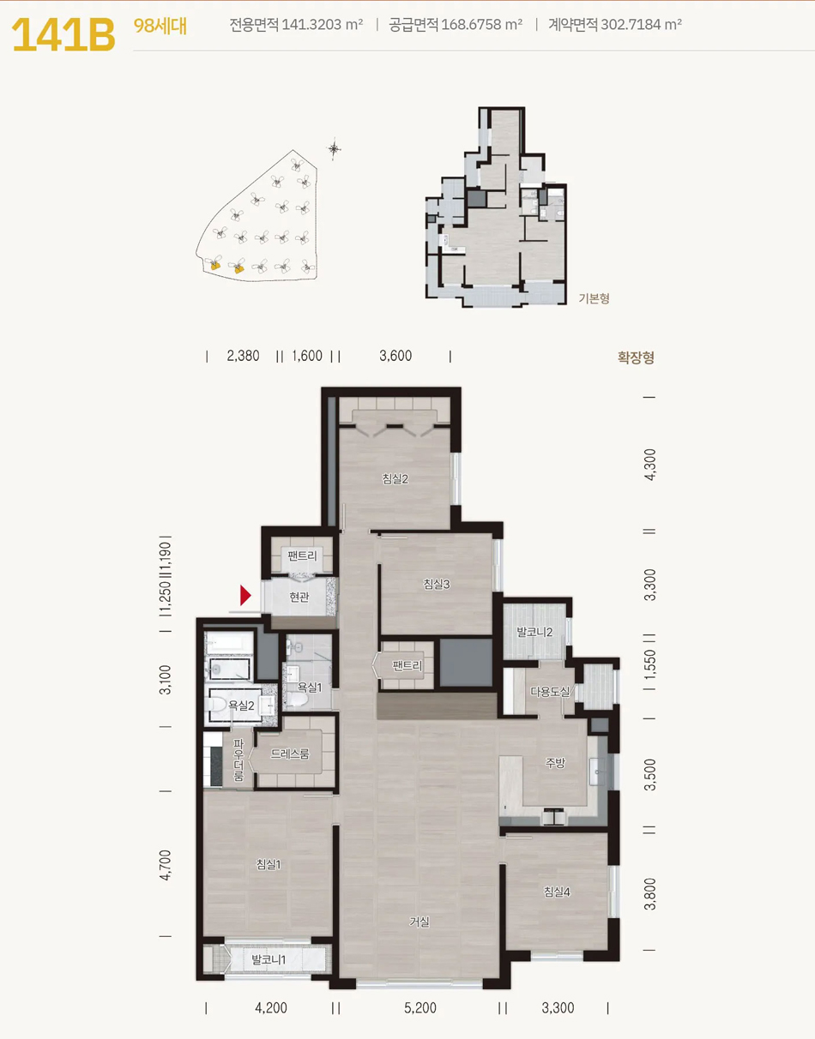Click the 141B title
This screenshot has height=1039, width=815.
click(x=63, y=34)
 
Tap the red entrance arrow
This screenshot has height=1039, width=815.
click(x=245, y=595)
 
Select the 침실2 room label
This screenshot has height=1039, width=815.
click(x=395, y=478)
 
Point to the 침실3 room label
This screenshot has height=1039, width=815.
click(x=436, y=584)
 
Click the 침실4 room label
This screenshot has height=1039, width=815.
click(x=557, y=892)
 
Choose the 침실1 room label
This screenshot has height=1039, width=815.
click(x=269, y=864)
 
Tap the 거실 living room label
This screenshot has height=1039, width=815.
click(x=420, y=922)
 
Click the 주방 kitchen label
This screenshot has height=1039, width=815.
click(x=555, y=763)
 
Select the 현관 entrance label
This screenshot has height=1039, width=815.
click(x=299, y=597)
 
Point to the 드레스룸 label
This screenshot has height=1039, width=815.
click(x=290, y=754)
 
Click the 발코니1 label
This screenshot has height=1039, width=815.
click(x=269, y=959)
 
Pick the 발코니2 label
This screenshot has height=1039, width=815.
click(x=534, y=632)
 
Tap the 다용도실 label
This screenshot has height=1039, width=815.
click(x=550, y=692)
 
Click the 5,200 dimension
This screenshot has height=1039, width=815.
click(x=420, y=1007)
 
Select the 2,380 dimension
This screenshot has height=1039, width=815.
click(x=243, y=356)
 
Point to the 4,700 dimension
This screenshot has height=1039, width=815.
click(x=165, y=865)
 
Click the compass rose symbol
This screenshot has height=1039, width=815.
click(x=334, y=148)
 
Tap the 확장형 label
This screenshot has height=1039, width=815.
click(x=636, y=357)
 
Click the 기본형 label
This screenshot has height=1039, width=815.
click(x=594, y=298)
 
